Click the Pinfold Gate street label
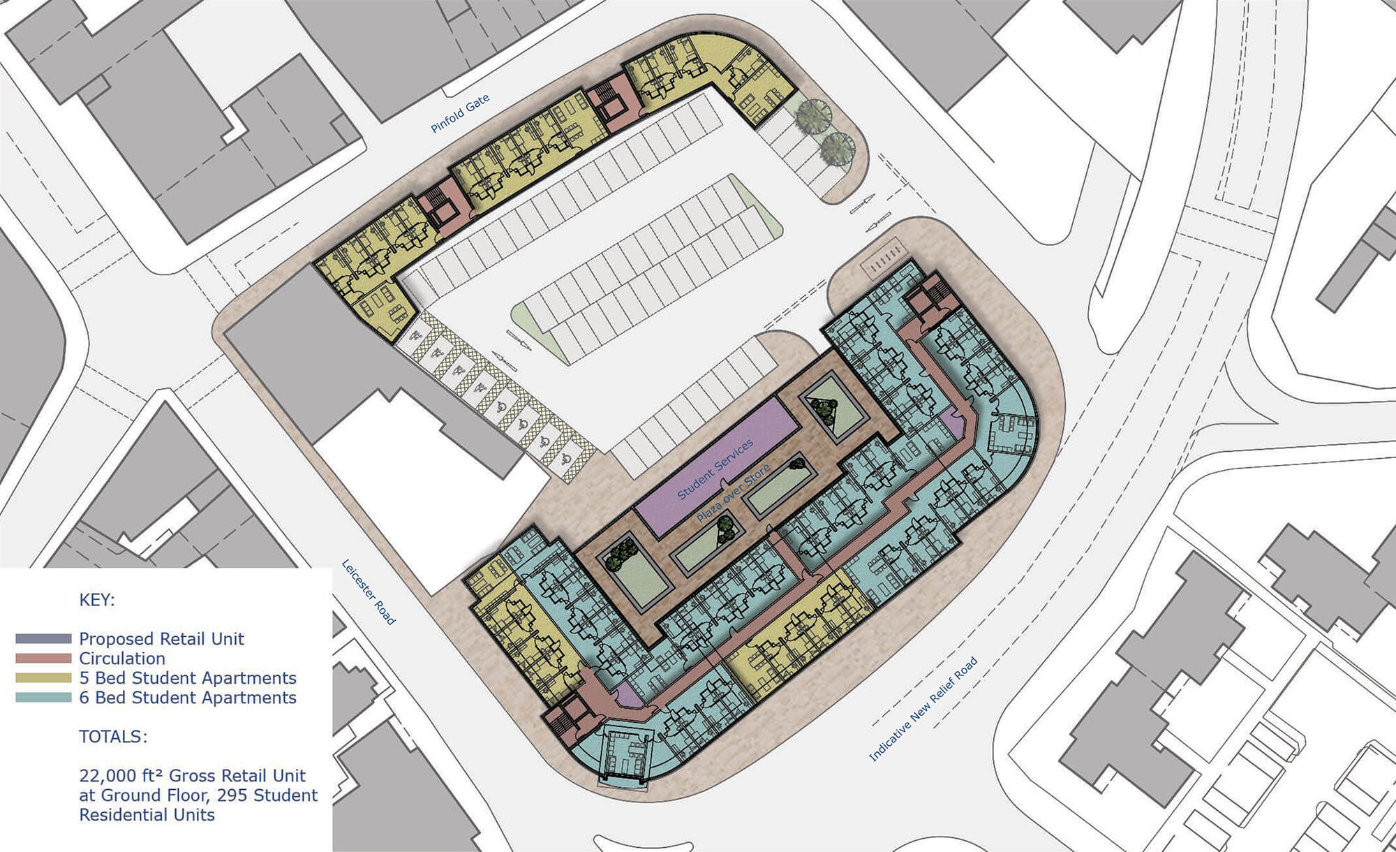tap(460, 113)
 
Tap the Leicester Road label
tap(369, 592)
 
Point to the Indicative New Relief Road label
tap(923, 709)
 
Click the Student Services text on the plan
tap(715, 469)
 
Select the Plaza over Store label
tap(734, 493)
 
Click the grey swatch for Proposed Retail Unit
tap(43, 638)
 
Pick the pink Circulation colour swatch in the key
tap(43, 658)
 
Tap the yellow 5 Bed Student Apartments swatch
tap(43, 677)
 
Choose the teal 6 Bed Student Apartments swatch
tap(43, 697)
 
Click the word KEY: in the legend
tap(97, 600)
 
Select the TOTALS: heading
tap(113, 737)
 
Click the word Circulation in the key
tap(122, 658)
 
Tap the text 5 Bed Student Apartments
tap(188, 678)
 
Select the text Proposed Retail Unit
tap(162, 639)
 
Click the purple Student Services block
tap(715, 467)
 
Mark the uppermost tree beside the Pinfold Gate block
tap(813, 114)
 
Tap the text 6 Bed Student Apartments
tap(188, 698)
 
